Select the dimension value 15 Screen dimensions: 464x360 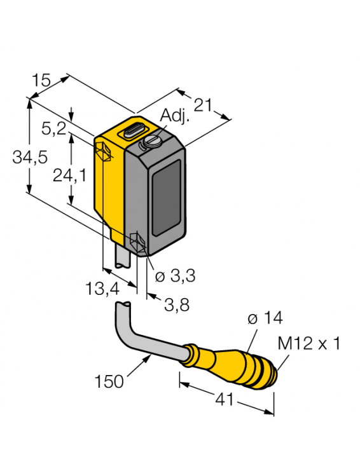[41, 81]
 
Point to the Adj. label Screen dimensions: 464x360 [173, 116]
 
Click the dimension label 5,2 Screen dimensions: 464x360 [53, 129]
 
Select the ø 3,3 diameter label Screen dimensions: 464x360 [175, 276]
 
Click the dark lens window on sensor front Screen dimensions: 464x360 [166, 196]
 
